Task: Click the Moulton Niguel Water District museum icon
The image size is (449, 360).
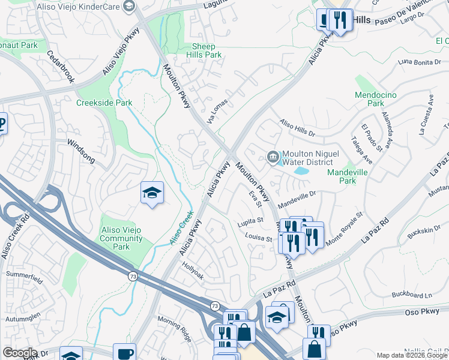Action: click(273, 157)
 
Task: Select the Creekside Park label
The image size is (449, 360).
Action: click(104, 103)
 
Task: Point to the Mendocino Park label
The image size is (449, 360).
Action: click(378, 99)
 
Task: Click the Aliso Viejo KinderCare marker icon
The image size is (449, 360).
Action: click(128, 6)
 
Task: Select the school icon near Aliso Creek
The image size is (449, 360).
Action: click(152, 193)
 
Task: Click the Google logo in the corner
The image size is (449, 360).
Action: click(20, 353)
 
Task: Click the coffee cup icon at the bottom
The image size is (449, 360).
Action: click(124, 353)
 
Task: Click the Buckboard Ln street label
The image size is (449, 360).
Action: click(412, 295)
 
